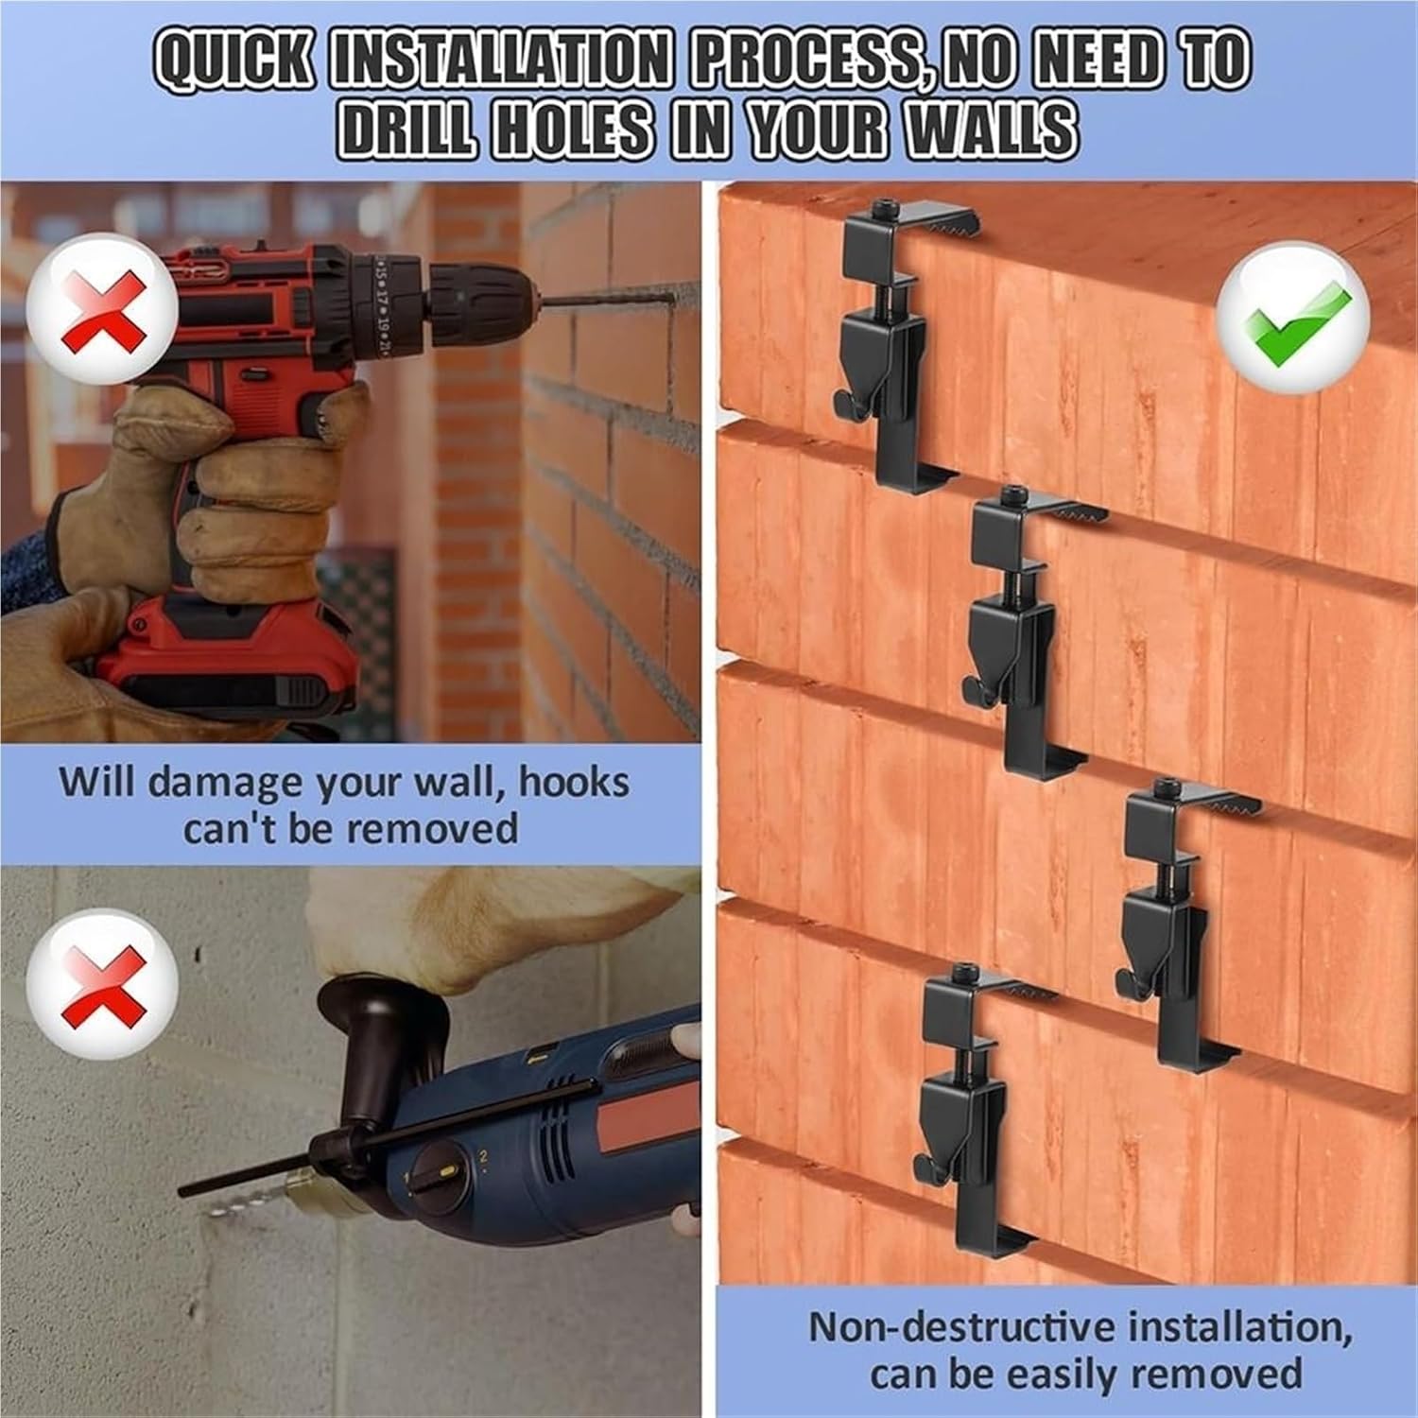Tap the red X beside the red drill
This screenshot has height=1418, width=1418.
[102, 309]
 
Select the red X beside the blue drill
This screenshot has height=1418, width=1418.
[102, 985]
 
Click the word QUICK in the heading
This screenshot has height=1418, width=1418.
[232, 62]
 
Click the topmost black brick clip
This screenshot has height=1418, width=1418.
[889, 340]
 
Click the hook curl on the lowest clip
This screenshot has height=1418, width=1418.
[932, 1172]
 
